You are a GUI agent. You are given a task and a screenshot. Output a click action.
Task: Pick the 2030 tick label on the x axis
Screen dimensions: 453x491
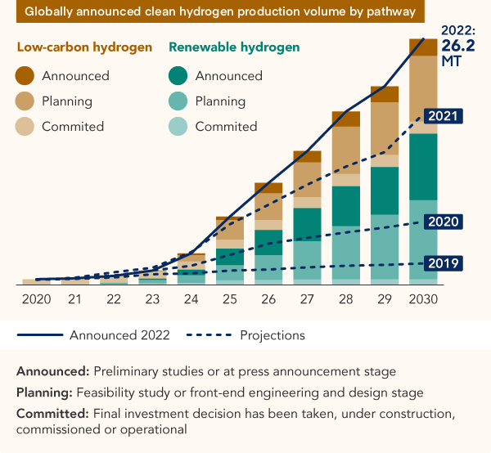tap(423, 299)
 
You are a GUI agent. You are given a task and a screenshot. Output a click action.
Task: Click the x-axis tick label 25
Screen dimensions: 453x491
tap(231, 299)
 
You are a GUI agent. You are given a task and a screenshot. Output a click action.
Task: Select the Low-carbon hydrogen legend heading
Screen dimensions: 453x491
tap(84, 47)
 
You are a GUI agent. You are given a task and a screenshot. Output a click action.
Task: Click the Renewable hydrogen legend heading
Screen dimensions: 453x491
tap(234, 47)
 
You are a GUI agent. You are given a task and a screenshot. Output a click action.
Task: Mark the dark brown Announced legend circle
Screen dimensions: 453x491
tap(27, 76)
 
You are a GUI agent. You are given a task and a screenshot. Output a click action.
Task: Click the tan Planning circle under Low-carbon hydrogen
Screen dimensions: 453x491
tap(27, 101)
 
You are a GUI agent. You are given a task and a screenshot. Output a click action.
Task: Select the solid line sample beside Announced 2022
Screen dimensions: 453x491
tap(39, 335)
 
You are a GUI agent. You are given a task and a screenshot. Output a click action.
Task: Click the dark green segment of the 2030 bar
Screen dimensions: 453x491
tap(423, 166)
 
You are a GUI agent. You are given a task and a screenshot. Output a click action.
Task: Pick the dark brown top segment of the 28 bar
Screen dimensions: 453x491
tap(346, 119)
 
